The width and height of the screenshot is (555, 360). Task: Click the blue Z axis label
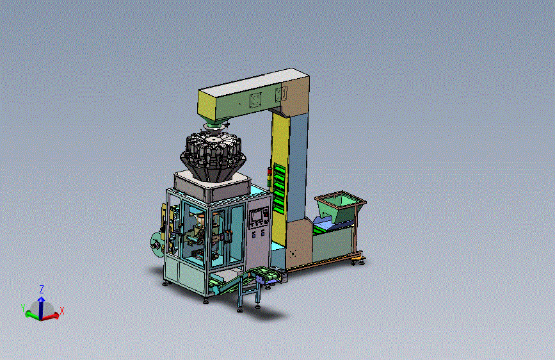pos(42,289)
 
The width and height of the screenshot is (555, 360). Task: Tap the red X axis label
pos(62,311)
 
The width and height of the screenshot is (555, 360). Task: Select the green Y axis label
pos(23,308)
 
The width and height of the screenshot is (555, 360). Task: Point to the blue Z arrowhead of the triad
pos(42,300)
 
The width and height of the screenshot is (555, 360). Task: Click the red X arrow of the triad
pos(51,315)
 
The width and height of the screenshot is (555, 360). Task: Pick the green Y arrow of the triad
pos(33,315)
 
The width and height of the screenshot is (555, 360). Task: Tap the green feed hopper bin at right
pos(340,208)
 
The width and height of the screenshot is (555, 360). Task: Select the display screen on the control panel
pos(255,215)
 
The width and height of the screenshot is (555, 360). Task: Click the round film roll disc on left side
pos(156,244)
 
